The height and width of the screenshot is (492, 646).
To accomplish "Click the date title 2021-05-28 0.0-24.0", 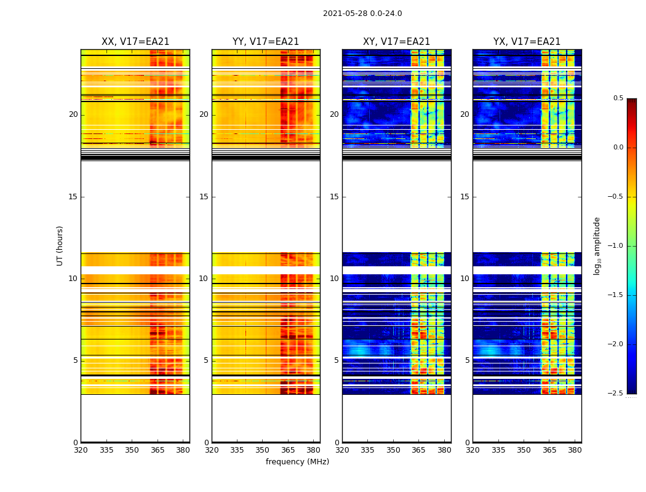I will point(362,14).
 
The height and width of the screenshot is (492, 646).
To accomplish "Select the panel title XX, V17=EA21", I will point(135,42).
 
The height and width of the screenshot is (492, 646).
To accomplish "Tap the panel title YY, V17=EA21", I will point(266,42).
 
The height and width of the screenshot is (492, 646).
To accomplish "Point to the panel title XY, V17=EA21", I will point(396,42).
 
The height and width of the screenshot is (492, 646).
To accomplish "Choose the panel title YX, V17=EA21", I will point(527,42).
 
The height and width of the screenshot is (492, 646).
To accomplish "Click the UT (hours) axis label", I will point(60,245).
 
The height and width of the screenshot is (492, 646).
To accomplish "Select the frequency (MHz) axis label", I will point(297,462).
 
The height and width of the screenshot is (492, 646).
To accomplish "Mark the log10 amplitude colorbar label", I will point(596,245).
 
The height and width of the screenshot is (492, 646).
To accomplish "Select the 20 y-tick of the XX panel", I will point(73,114).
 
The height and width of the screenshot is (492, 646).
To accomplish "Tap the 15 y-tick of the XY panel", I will point(334,197).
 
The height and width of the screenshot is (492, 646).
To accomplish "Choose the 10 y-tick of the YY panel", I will point(204,279).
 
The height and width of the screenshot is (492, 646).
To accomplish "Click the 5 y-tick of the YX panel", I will point(467,360).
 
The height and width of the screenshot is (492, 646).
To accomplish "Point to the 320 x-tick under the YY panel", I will point(212,450).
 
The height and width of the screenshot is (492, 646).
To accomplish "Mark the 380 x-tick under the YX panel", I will point(575,450).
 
